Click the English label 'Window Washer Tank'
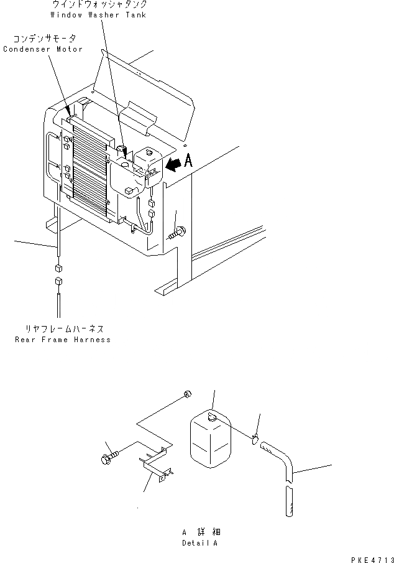99,14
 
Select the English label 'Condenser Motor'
43,49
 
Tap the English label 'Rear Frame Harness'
62,340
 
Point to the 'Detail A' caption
200,542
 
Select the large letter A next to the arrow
188,161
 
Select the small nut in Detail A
187,394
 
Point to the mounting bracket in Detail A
156,463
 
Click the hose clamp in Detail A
255,440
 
